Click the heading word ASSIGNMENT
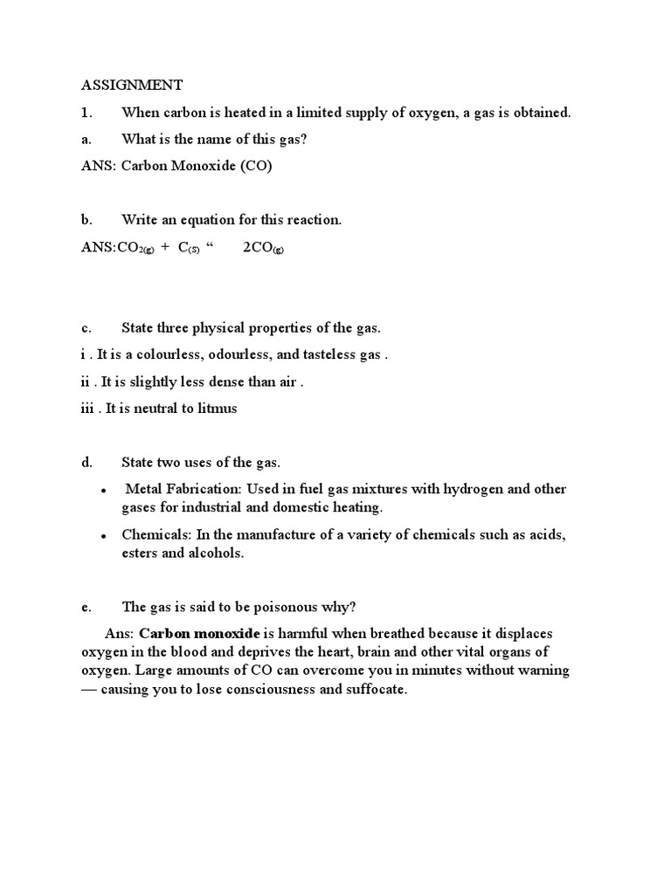(132, 85)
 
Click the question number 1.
(86, 112)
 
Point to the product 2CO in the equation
(263, 248)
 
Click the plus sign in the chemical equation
(164, 248)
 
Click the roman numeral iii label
(87, 409)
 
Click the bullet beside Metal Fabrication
(104, 491)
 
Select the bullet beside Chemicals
(104, 536)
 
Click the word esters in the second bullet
(142, 553)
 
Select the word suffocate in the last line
(378, 689)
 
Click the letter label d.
(86, 463)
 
